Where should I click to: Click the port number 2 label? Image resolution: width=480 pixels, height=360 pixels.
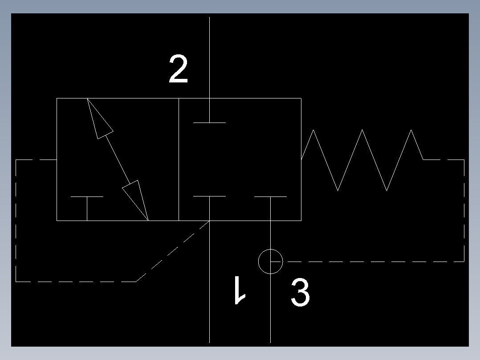[x=178, y=70]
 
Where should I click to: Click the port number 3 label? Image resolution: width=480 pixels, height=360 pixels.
[x=300, y=293]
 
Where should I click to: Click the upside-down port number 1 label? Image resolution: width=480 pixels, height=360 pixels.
[x=240, y=290]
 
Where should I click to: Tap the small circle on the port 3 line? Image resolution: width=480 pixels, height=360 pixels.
[x=270, y=261]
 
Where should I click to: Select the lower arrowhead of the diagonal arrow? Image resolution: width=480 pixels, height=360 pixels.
[x=137, y=199]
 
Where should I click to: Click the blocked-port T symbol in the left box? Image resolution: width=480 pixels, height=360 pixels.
[x=87, y=205]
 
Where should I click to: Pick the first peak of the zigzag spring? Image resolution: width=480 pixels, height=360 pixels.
[x=314, y=131]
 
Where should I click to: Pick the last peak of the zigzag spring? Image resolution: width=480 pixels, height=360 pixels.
[x=411, y=131]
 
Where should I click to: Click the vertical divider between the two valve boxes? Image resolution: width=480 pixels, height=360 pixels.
[x=179, y=160]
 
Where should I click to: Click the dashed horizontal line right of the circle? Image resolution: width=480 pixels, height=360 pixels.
[x=374, y=262]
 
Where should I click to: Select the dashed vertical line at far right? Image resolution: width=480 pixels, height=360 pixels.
[x=464, y=209]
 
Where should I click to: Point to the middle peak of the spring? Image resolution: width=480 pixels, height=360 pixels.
[x=362, y=131]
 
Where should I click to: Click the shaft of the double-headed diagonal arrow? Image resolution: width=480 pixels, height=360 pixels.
[x=118, y=158]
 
